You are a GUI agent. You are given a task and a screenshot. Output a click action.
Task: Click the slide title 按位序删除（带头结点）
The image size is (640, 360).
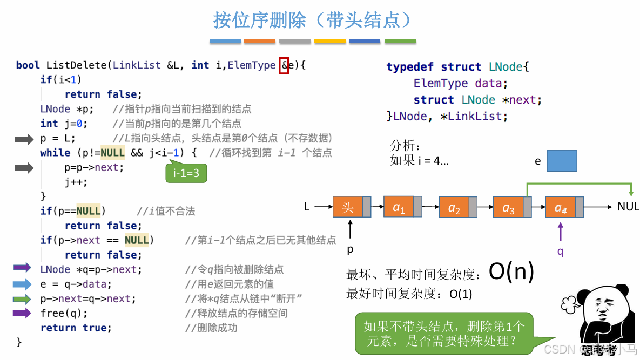point(313,20)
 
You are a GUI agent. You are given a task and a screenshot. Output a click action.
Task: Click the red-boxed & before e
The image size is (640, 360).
point(284,65)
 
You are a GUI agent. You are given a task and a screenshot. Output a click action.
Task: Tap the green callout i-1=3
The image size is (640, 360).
point(186,173)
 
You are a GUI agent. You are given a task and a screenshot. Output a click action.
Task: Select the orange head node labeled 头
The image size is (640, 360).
point(348,207)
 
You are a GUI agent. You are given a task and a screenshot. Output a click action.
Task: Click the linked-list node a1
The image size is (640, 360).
point(399,207)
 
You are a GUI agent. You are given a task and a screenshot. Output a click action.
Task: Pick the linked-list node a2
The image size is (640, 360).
point(454,207)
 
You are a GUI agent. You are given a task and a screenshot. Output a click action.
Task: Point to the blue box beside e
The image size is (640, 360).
point(562,161)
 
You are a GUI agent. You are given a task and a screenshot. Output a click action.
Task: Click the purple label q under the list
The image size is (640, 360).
point(560,251)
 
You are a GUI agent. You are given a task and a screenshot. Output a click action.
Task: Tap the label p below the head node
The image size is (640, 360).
point(350,250)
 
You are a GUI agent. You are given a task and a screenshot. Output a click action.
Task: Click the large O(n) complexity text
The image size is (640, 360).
point(511,272)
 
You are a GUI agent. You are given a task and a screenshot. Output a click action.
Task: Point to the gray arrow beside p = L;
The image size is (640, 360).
point(24,140)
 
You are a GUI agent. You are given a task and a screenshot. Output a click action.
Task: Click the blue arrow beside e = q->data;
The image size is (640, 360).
point(22,284)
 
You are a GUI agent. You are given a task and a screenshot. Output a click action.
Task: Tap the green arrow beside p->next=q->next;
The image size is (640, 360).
point(22,299)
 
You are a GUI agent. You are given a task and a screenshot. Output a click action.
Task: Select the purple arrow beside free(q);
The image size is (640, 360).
point(22,313)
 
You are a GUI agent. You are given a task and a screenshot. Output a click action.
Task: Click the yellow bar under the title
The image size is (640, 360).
point(330,41)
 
